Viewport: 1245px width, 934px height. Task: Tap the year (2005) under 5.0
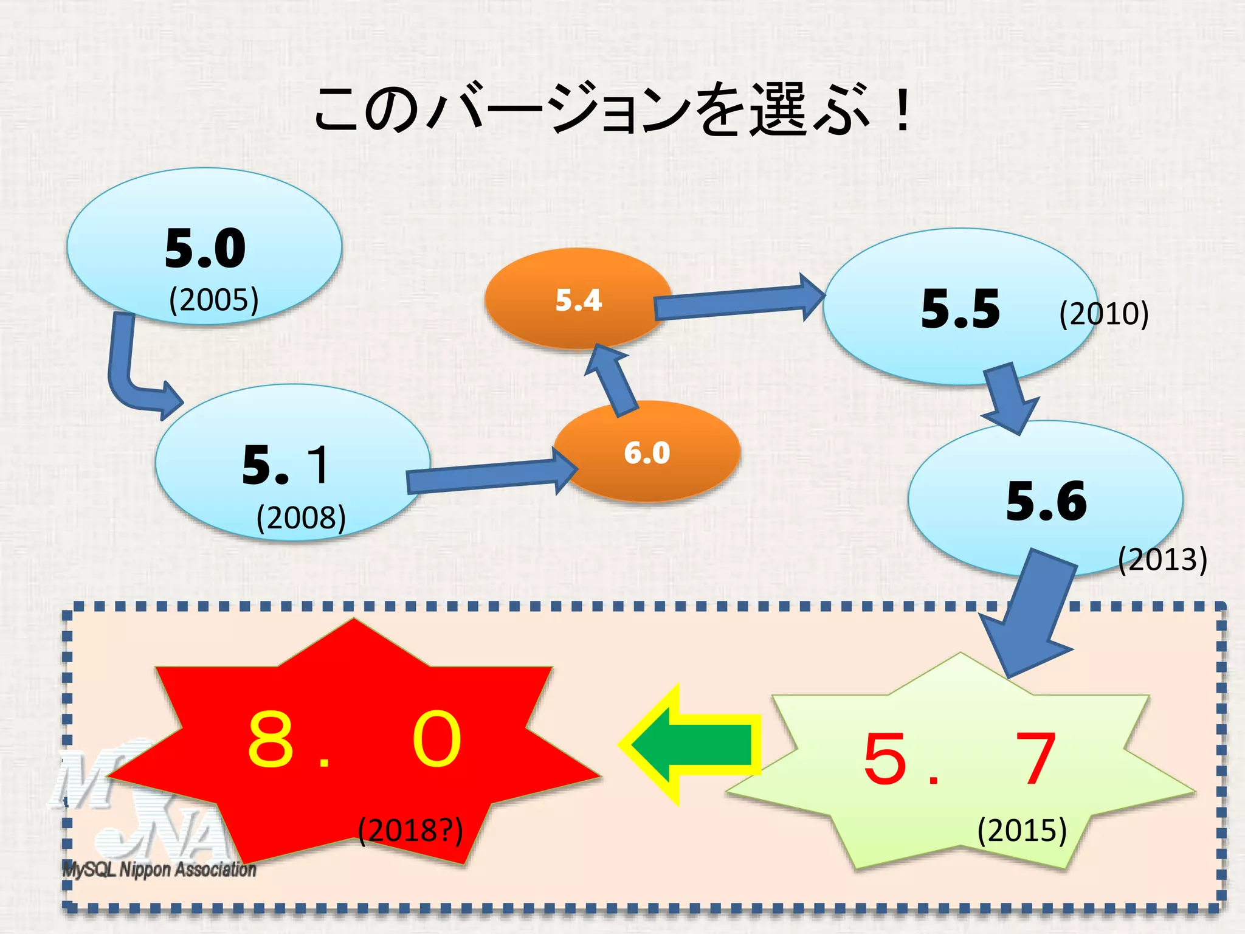[213, 300]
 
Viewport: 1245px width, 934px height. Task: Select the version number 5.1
[286, 465]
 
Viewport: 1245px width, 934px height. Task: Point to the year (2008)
[301, 518]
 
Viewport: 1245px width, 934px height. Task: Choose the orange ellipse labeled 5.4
[578, 300]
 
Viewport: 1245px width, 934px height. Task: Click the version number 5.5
[960, 309]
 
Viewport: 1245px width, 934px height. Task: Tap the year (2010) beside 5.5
[1103, 314]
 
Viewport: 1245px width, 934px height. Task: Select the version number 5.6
[1046, 501]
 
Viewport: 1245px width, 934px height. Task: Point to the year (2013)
[1162, 559]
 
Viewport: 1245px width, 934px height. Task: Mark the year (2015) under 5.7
[1022, 831]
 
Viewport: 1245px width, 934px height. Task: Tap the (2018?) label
[410, 831]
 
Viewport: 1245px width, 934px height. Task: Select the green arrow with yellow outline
[693, 745]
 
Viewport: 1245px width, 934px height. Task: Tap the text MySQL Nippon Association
[159, 870]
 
